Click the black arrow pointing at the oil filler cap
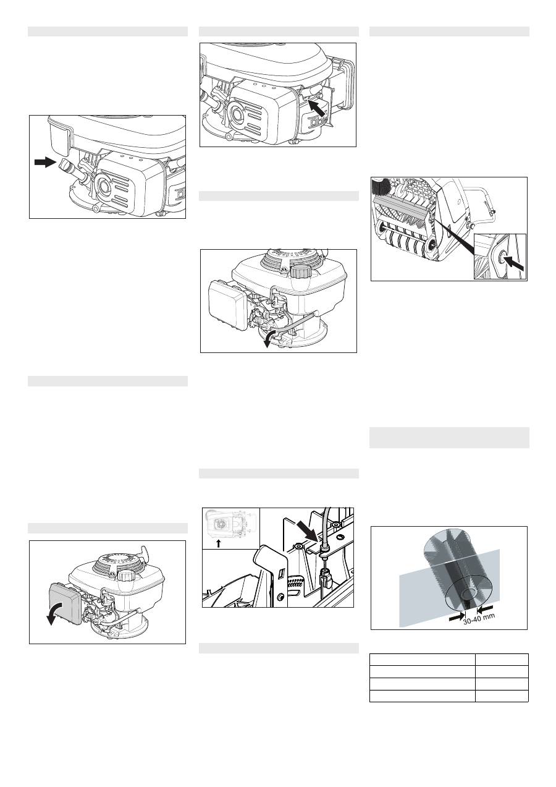[x=45, y=162]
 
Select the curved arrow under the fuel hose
[x=270, y=338]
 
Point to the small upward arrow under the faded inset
[x=218, y=543]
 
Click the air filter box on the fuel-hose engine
[x=227, y=305]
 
